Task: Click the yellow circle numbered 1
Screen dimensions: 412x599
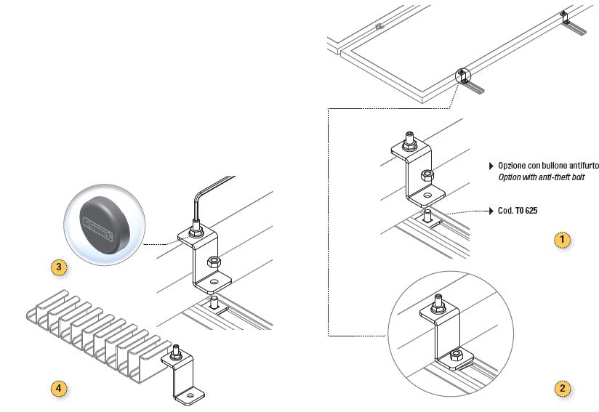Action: pos(561,238)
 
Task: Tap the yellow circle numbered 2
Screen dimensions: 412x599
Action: pos(561,389)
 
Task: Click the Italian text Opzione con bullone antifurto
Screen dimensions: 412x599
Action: pos(548,166)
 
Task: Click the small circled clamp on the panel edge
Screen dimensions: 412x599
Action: pos(463,75)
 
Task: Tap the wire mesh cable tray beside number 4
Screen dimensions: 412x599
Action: pos(95,331)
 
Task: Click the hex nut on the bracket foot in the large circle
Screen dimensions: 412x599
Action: pos(455,355)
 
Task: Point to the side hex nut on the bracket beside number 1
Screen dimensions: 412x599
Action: pos(429,176)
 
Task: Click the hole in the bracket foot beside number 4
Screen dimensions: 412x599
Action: pos(190,397)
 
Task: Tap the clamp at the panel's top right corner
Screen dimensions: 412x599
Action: pos(566,17)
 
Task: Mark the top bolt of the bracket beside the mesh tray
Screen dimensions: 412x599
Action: pos(176,355)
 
